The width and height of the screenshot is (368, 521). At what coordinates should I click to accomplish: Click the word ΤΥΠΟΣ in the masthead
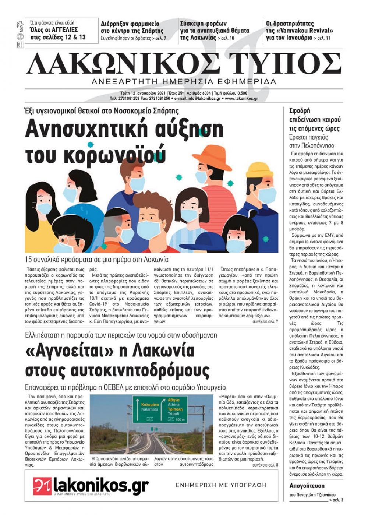[284, 64]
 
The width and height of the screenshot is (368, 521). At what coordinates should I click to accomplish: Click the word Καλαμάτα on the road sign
[150, 405]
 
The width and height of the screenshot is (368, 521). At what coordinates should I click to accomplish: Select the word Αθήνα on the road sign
[174, 400]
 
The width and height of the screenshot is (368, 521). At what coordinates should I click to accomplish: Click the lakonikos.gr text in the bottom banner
[101, 485]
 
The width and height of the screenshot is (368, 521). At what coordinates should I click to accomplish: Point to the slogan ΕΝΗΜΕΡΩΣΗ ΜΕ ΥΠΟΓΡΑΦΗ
[221, 485]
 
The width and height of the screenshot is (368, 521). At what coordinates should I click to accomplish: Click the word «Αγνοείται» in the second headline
[68, 351]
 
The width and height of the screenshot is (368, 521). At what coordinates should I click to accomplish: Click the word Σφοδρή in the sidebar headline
[300, 110]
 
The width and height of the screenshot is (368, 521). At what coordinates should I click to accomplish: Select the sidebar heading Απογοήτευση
[307, 486]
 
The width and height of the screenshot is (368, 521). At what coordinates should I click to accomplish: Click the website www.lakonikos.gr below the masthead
[241, 99]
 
